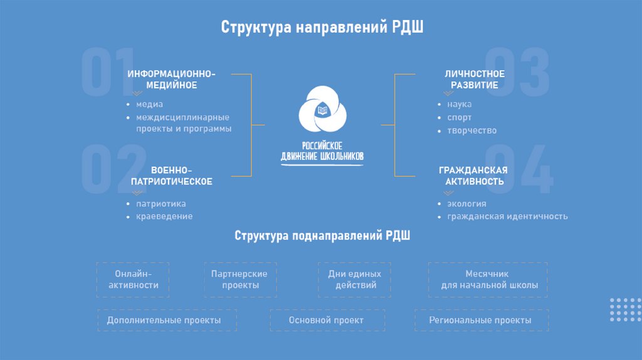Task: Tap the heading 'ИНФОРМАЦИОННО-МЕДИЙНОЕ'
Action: [171, 80]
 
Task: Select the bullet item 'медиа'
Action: [150, 104]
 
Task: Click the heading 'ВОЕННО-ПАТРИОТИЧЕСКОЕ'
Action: [171, 176]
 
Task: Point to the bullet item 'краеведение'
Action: [164, 216]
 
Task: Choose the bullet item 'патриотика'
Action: [161, 204]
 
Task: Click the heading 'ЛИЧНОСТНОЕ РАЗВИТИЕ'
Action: [475, 80]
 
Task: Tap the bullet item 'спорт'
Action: [460, 117]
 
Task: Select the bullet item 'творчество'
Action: [472, 130]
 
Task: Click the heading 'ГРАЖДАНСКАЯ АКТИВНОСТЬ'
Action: [473, 176]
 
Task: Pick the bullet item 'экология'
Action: [466, 204]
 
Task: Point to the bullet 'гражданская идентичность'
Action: [507, 216]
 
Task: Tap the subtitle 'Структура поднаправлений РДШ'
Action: [322, 236]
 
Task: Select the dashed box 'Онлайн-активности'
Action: [134, 280]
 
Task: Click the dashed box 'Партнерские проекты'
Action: [239, 280]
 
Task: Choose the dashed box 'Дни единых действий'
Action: [355, 280]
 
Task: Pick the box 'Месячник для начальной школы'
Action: [487, 280]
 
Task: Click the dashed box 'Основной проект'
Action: [326, 320]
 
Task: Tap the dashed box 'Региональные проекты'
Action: [480, 320]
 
